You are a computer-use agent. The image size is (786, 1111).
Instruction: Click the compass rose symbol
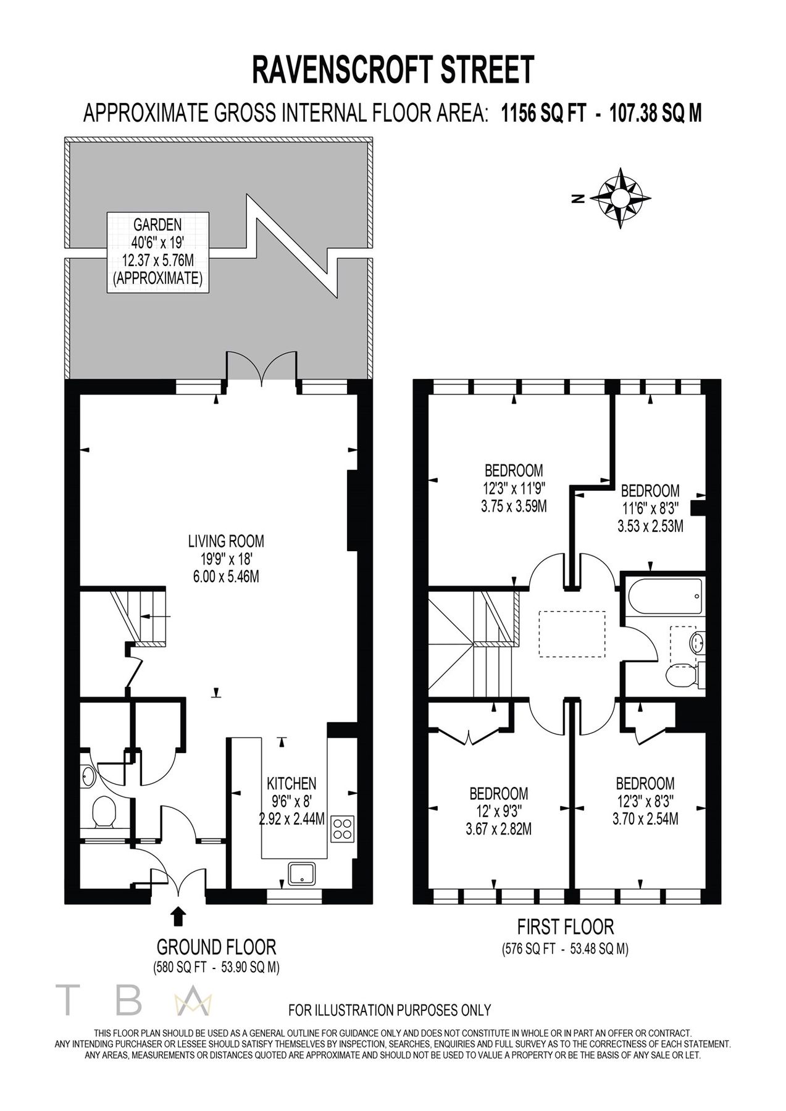(x=621, y=198)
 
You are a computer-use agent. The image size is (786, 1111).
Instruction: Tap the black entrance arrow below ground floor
(x=178, y=915)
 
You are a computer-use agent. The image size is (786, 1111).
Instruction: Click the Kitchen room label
(x=291, y=801)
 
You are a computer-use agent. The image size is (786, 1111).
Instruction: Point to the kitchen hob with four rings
(x=342, y=828)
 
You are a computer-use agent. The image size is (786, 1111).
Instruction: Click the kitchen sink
(x=303, y=873)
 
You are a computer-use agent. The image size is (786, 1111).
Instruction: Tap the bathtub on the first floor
(x=664, y=596)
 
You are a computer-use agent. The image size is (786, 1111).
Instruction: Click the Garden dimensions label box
(x=157, y=251)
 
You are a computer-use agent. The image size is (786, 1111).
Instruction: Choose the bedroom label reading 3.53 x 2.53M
(x=650, y=509)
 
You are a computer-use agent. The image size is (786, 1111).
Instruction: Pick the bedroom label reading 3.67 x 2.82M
(x=498, y=810)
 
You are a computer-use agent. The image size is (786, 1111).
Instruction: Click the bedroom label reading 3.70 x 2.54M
(x=645, y=801)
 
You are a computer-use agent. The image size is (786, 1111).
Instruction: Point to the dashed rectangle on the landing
(x=572, y=634)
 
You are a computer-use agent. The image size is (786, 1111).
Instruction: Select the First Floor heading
(x=565, y=926)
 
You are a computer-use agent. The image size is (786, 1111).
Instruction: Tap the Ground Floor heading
(x=216, y=946)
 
